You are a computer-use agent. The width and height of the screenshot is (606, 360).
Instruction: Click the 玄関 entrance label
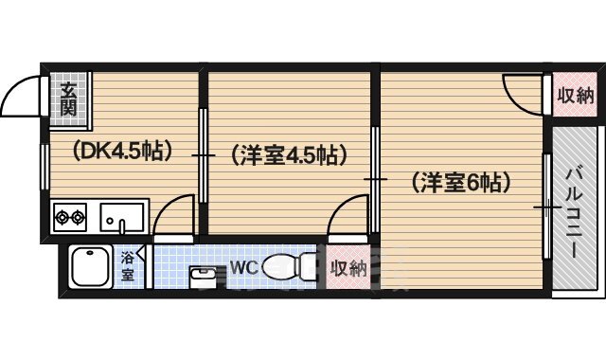[69, 99]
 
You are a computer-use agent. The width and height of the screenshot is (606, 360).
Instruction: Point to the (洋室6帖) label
[460, 181]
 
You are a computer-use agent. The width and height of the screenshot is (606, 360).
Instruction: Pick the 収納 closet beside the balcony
[575, 96]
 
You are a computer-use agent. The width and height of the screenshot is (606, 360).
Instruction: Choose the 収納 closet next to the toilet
[348, 268]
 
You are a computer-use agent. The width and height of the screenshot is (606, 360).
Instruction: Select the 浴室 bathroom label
[127, 266]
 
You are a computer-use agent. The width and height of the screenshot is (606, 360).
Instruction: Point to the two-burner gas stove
[70, 217]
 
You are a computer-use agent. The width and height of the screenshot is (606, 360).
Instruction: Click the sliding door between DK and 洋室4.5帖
[203, 154]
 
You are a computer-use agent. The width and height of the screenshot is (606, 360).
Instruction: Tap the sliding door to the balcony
[546, 206]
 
